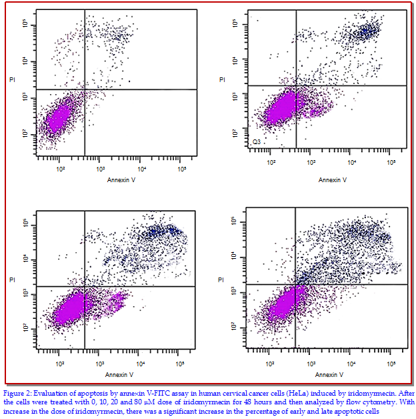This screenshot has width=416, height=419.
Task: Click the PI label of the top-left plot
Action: (x=12, y=80)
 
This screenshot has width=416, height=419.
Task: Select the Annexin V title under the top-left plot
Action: (x=121, y=180)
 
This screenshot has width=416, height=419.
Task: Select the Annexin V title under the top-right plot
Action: (x=332, y=180)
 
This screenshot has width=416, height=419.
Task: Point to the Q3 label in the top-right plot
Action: (x=257, y=142)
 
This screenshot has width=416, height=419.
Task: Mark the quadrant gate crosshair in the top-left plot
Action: (x=84, y=89)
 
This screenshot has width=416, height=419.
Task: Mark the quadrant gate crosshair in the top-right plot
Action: (x=295, y=85)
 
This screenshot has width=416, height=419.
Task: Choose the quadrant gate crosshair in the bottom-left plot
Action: (x=84, y=286)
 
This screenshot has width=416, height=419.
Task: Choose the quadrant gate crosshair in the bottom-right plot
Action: (x=295, y=284)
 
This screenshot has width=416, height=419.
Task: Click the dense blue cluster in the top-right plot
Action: (x=366, y=31)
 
